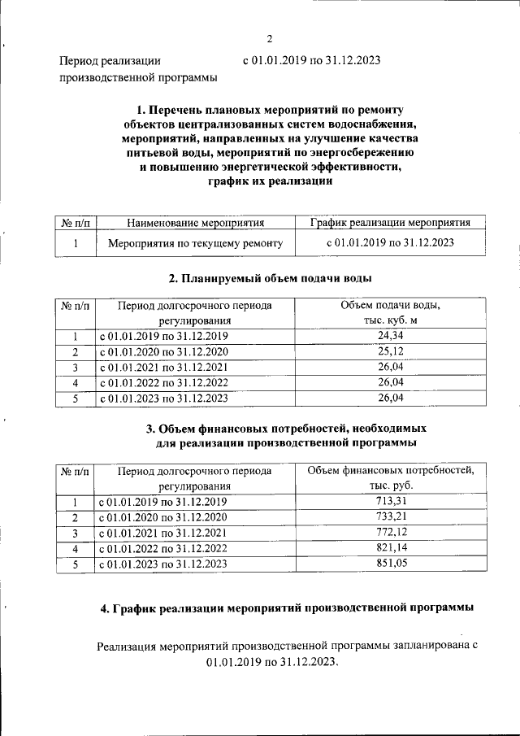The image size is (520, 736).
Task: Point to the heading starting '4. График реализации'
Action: point(280,608)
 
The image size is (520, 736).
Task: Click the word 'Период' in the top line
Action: point(79,60)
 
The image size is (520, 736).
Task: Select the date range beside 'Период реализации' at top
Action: point(312,60)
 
